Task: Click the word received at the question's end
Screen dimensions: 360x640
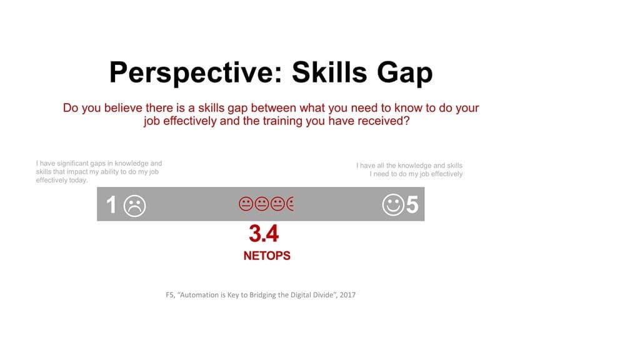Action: (383, 121)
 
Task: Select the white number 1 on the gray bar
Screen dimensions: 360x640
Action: (111, 204)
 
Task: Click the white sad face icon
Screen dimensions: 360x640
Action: (134, 206)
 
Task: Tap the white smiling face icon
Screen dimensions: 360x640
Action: (393, 205)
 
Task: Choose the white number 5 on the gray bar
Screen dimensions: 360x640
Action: (412, 204)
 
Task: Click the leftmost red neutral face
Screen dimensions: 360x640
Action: (246, 204)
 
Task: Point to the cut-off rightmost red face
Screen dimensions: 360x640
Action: (290, 204)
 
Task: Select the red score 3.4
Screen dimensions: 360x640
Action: (264, 234)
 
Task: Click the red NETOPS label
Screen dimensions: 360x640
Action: (267, 256)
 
